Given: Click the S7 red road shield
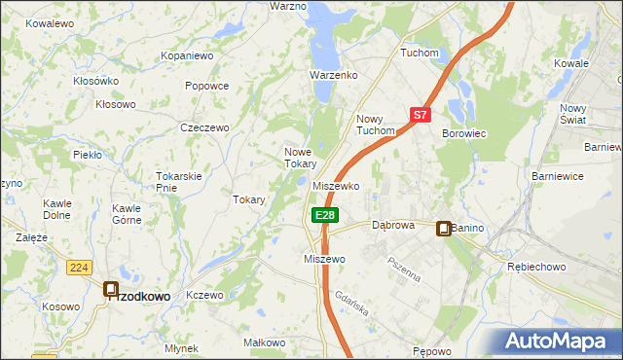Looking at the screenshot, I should pyautogui.click(x=420, y=114).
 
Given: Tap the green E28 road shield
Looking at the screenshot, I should pyautogui.click(x=325, y=214).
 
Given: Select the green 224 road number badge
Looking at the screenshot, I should pyautogui.click(x=80, y=267).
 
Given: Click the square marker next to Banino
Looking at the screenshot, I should pyautogui.click(x=444, y=229).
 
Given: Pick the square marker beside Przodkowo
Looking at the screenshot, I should pyautogui.click(x=111, y=289).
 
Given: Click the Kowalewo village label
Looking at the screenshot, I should pyautogui.click(x=51, y=22).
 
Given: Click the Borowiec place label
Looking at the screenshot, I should pyautogui.click(x=464, y=132).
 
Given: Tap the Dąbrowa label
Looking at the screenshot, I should pyautogui.click(x=393, y=225).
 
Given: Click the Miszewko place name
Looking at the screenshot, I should pyautogui.click(x=337, y=185).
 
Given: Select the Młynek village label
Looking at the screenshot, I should pyautogui.click(x=182, y=347).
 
